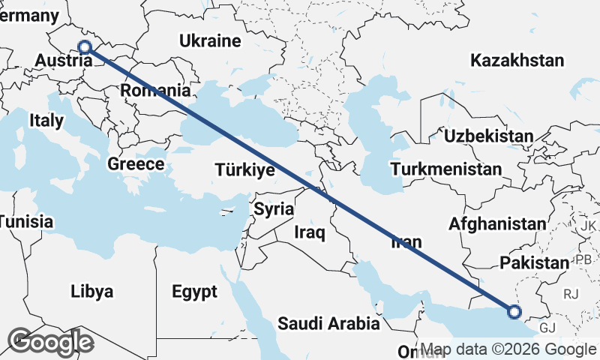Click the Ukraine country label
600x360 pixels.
[209, 42]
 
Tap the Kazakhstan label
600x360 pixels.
[517, 61]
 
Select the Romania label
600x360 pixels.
[156, 91]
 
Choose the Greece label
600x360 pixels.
[136, 163]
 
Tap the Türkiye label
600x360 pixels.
[244, 170]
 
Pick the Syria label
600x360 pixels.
[273, 209]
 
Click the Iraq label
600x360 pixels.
[309, 233]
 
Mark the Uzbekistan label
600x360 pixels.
[488, 136]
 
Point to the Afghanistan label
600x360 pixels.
[498, 223]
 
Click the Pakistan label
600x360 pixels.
[535, 262]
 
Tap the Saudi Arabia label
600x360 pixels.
[328, 324]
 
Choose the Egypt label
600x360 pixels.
[193, 291]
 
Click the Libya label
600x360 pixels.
[91, 291]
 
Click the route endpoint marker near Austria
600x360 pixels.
[85, 47]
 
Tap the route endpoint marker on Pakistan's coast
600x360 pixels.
[514, 312]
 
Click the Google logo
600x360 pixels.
[52, 342]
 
